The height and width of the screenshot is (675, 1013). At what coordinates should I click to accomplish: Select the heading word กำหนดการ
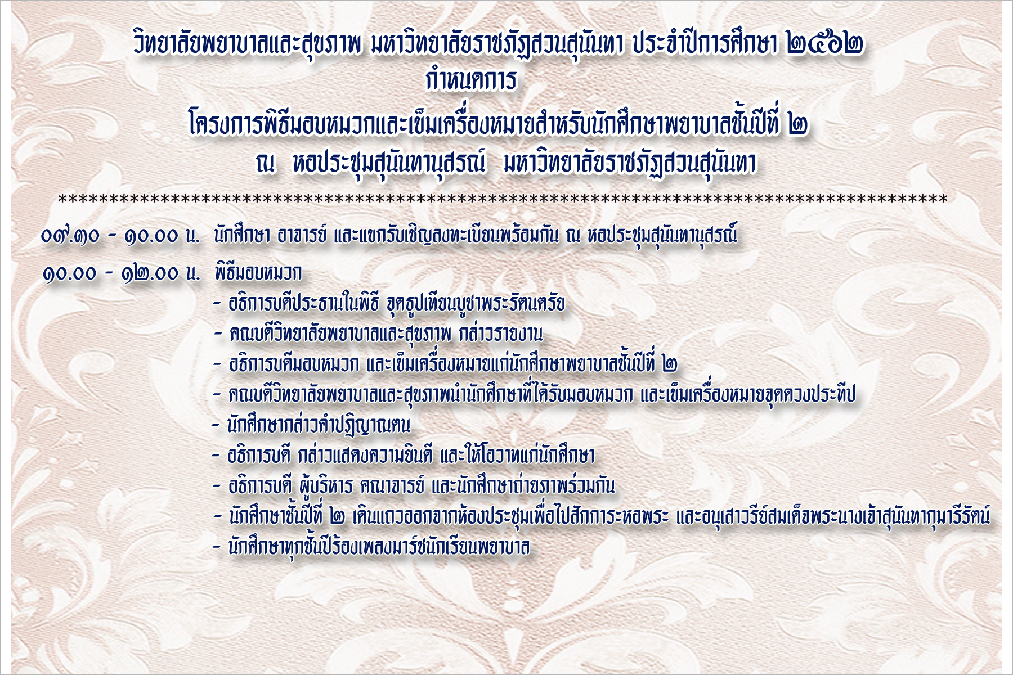tap(471, 81)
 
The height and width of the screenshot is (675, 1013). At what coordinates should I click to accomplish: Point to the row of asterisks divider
tap(503, 199)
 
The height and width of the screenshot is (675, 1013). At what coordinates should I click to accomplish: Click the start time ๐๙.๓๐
tap(70, 236)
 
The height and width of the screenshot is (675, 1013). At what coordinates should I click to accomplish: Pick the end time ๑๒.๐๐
tap(150, 273)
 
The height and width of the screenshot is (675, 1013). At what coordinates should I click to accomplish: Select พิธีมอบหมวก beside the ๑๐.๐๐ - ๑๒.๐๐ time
tap(258, 273)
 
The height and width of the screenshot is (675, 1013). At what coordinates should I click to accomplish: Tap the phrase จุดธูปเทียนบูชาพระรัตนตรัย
tap(476, 304)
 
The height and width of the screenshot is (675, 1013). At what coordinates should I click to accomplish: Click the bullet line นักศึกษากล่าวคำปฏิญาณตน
tap(319, 425)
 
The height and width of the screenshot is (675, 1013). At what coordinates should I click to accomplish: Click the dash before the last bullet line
tap(217, 547)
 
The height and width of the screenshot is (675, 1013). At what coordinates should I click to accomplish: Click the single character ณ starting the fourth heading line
tap(265, 164)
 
